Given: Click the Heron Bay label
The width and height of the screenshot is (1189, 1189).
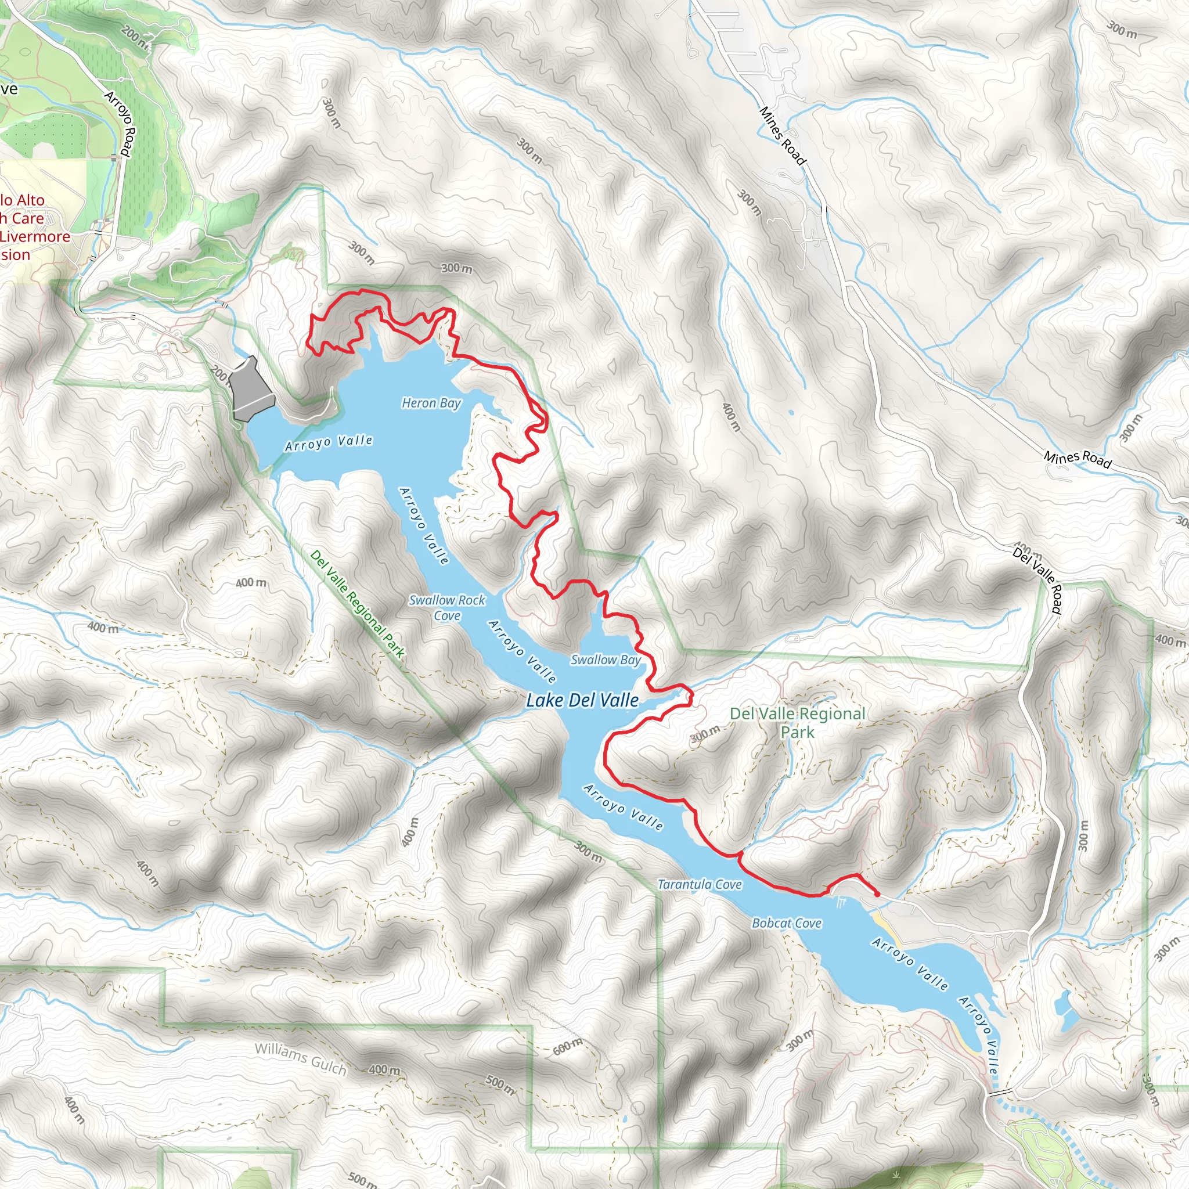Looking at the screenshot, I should click(x=431, y=403).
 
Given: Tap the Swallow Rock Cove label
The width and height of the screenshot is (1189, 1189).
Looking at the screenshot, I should click(x=447, y=607).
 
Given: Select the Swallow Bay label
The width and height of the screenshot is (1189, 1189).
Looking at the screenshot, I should click(x=606, y=660).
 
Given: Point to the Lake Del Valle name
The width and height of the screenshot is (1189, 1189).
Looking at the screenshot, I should click(x=582, y=700).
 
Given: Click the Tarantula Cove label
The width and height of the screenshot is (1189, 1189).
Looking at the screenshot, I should click(x=700, y=884).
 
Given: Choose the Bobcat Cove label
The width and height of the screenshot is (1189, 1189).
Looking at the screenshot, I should click(x=787, y=923).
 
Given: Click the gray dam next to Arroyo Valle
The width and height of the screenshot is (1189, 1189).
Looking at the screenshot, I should click(x=251, y=388).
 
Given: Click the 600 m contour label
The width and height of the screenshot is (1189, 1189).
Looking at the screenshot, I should click(x=567, y=1046).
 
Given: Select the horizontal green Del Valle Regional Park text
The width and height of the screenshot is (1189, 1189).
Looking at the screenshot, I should click(x=798, y=722).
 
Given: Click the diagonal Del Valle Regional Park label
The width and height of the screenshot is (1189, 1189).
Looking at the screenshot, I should click(x=358, y=604).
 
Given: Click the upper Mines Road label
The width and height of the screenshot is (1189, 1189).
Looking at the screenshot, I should click(x=781, y=136).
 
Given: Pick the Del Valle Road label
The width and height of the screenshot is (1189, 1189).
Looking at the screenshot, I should click(x=1038, y=581).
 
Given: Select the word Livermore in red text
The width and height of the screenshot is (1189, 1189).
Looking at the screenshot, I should click(x=35, y=236).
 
